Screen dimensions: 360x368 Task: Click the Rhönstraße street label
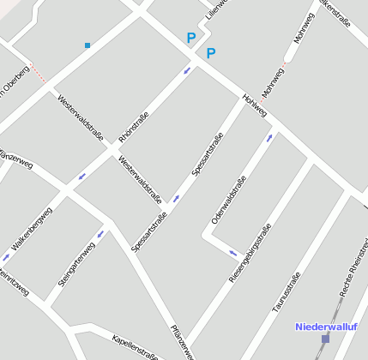coord(133,126)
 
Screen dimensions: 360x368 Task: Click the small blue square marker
coord(87,45)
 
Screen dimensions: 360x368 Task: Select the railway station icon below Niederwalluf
coord(325,339)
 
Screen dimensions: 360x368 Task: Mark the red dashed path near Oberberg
coord(39,75)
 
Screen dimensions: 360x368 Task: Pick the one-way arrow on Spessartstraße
coord(176,199)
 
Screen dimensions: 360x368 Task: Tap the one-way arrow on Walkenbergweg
coord(7,256)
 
